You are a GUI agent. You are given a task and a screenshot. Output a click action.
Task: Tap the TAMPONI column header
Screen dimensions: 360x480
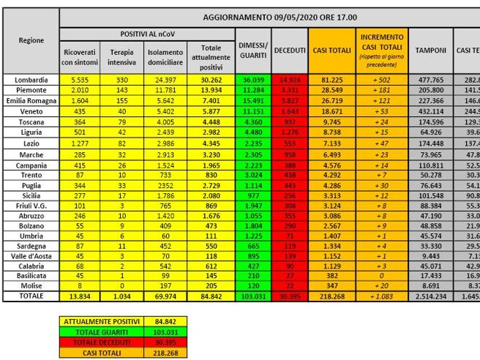[431, 50]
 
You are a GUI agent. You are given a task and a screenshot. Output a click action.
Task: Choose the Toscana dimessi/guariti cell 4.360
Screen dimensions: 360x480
[252, 117]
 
